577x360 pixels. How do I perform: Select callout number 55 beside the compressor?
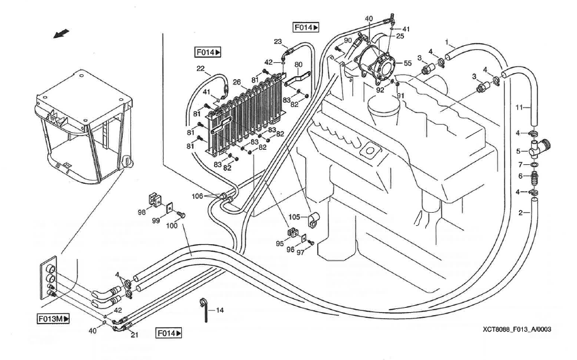click(x=407, y=64)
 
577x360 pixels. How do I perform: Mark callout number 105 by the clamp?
click(x=294, y=217)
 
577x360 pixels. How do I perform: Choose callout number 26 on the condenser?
click(x=237, y=82)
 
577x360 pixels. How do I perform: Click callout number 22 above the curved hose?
click(x=200, y=69)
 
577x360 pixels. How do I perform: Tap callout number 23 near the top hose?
click(x=277, y=42)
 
